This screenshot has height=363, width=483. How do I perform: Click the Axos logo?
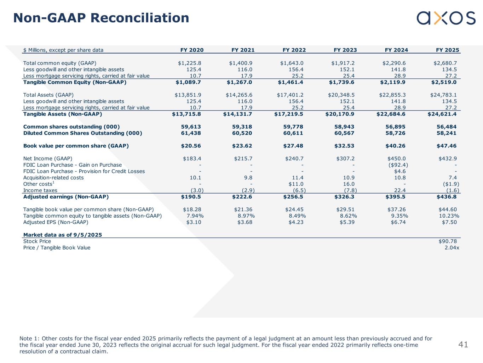pos(446,18)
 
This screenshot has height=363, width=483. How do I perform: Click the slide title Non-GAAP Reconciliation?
pos(101,18)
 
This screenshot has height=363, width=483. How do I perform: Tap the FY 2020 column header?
pos(192,50)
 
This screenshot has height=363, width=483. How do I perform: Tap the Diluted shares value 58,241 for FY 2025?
pos(447,133)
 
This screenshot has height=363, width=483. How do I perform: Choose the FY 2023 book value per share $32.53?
pos(345,146)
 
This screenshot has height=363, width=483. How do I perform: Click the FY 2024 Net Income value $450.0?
pos(397,158)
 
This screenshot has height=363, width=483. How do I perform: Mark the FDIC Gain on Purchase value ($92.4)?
pos(396,165)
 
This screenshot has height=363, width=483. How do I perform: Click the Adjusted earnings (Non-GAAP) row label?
pos(66,197)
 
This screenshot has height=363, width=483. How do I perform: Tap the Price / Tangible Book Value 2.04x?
pos(452,248)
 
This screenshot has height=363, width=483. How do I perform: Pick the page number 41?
pos(463,344)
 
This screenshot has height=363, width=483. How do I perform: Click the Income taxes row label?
pos(40,190)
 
